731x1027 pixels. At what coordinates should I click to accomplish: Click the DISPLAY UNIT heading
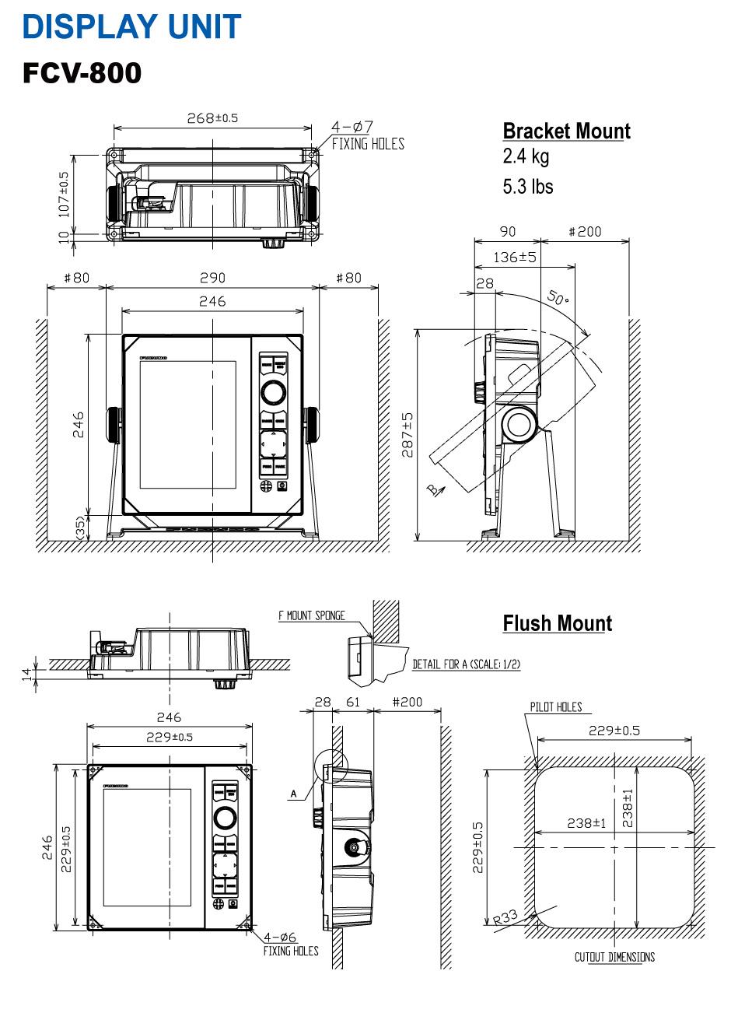point(131,26)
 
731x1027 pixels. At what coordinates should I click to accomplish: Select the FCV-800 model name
point(82,73)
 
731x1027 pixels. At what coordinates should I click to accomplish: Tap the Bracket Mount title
point(566,131)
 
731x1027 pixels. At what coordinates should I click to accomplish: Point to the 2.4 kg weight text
point(526,156)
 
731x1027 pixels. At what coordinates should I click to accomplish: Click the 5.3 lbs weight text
point(528,187)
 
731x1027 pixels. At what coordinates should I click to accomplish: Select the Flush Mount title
point(557,623)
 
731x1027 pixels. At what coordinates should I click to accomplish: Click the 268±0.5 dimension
point(212,118)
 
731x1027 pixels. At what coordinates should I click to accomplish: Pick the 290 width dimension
point(212,278)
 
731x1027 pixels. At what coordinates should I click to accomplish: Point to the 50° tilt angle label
point(558,296)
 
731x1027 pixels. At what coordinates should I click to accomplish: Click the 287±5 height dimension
point(407,435)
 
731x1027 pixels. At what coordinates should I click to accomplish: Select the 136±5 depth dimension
point(515,257)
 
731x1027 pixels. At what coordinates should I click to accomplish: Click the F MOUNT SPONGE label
point(312,615)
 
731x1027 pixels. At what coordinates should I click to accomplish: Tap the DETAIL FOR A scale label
point(466,664)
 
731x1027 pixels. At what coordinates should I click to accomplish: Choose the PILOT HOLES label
point(555,706)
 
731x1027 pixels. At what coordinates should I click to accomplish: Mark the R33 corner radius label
point(505,917)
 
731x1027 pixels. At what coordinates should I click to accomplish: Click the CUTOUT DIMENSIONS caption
point(614,957)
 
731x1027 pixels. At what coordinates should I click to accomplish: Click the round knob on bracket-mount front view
point(272,391)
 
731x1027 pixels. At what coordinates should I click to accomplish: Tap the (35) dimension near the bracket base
point(80,526)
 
